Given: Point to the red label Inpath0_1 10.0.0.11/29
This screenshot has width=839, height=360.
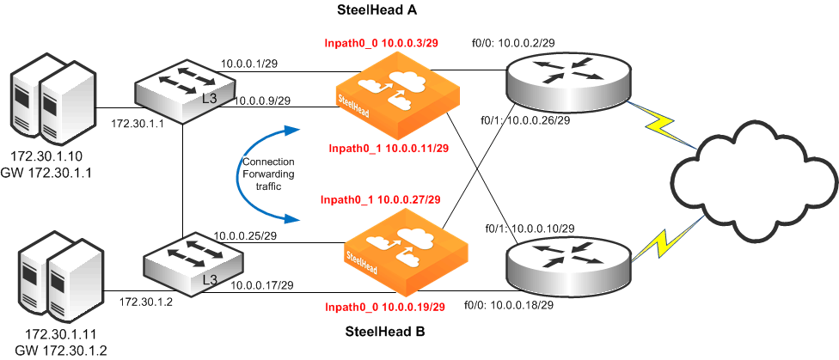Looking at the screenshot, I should coord(389,148).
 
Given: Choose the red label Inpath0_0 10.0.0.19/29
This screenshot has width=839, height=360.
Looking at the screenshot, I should coord(384,306).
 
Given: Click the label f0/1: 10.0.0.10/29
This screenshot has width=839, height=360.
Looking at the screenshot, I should coord(530,229).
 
